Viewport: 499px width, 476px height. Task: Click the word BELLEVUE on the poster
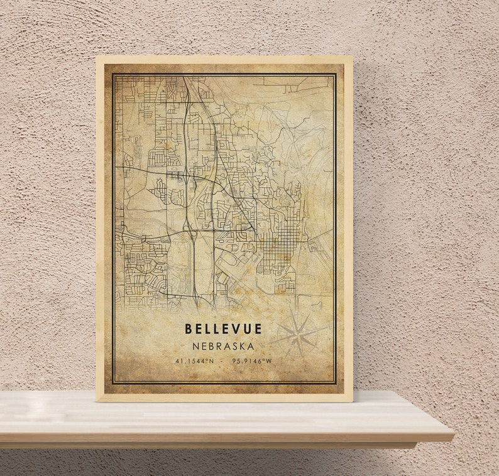[x=223, y=328]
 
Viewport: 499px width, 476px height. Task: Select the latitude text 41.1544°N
[x=195, y=361]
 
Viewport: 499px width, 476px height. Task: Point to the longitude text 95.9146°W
[x=251, y=361]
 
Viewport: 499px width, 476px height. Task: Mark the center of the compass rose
[x=300, y=335]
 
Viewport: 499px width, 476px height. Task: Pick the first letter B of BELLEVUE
[x=189, y=328]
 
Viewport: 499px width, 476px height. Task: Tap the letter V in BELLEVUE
[x=236, y=328]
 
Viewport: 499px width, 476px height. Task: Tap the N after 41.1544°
[x=211, y=361]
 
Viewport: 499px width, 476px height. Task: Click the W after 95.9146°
[x=269, y=361]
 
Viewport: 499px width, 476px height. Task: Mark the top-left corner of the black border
[x=112, y=73]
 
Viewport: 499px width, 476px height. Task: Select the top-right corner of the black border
[x=336, y=73]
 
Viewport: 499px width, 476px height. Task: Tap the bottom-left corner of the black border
[x=112, y=384]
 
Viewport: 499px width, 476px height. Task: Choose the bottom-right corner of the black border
[x=336, y=384]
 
